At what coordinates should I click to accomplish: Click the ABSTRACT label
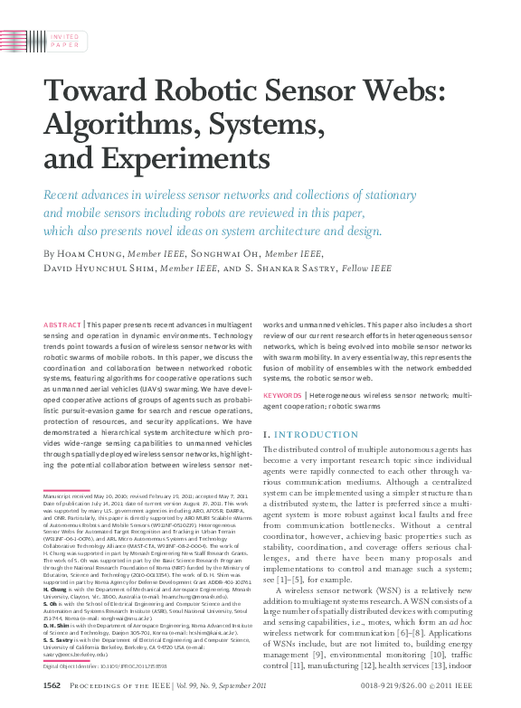point(62,324)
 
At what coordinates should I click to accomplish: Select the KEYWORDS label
point(281,395)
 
